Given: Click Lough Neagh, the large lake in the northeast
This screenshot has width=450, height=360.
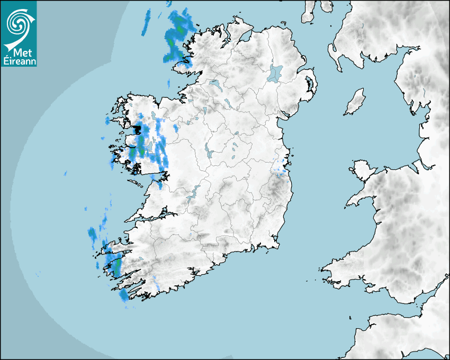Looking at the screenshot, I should point(275,73).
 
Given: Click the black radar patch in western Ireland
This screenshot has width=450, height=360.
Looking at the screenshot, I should point(138,129).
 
